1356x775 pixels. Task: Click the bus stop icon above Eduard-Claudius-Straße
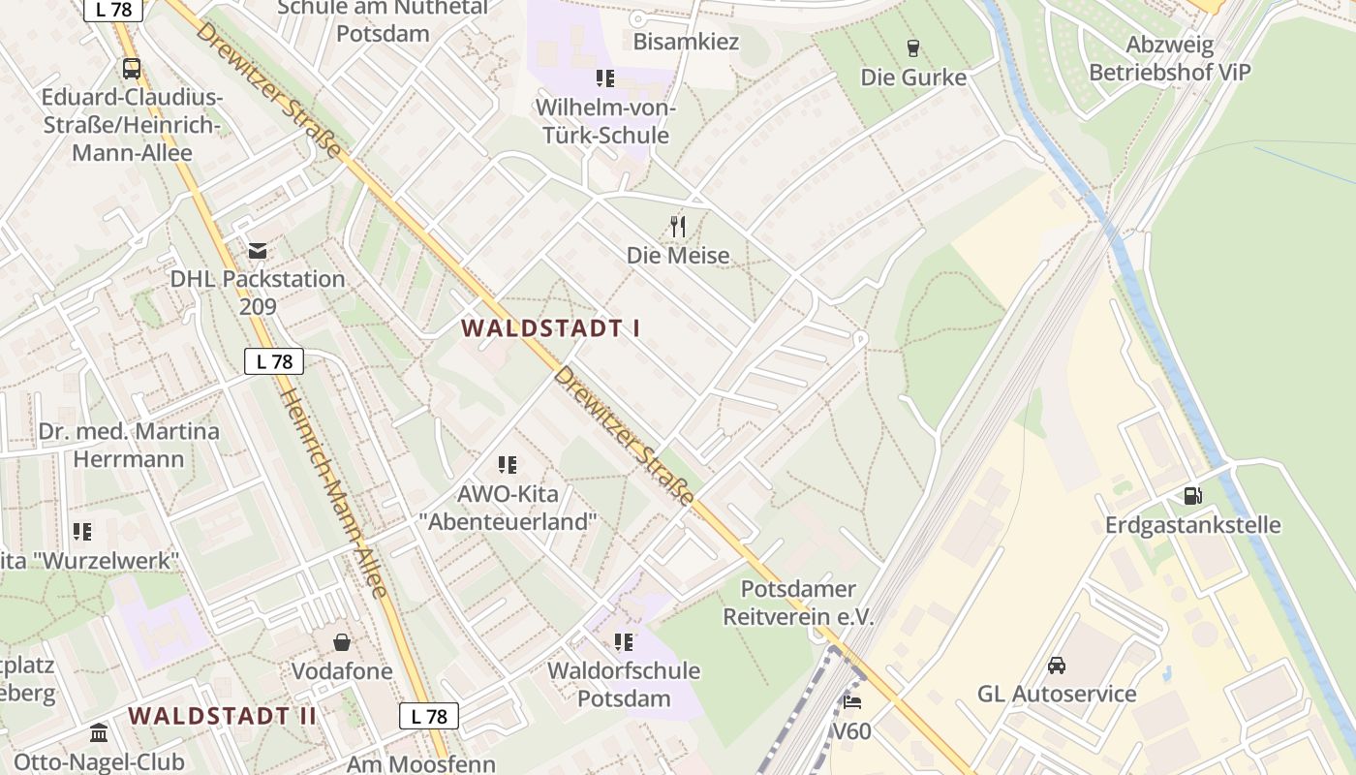click(x=131, y=69)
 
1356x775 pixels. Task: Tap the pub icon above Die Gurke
click(x=912, y=47)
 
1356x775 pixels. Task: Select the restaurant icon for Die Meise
click(x=678, y=227)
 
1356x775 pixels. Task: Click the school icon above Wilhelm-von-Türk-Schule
click(x=605, y=78)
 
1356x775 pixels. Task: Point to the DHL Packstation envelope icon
click(x=258, y=251)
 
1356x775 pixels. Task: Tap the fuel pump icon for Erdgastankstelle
click(x=1192, y=496)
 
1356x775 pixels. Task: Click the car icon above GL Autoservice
click(x=1056, y=666)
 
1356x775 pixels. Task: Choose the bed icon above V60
click(x=852, y=701)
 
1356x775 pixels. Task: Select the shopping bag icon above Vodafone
click(x=342, y=642)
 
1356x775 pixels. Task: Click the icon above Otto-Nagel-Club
click(x=99, y=732)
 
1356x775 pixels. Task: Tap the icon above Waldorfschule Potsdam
click(x=624, y=641)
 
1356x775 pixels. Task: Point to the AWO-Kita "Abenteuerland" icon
click(x=508, y=465)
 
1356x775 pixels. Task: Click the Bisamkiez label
click(x=686, y=42)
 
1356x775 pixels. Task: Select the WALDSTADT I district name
click(x=550, y=327)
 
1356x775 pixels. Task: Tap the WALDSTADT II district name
click(x=223, y=716)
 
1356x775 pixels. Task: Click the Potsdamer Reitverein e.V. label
click(x=798, y=603)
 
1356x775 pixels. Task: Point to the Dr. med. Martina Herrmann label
click(x=129, y=445)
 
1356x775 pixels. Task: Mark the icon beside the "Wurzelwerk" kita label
click(x=82, y=532)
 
